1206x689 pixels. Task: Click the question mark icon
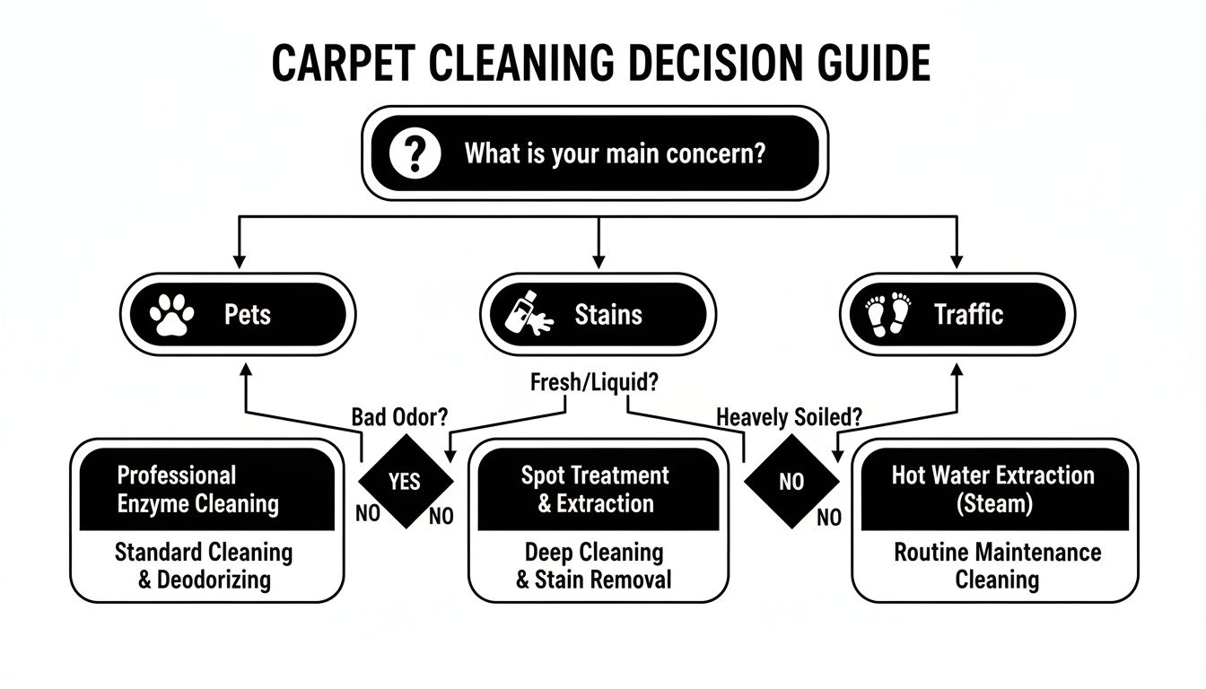tap(415, 153)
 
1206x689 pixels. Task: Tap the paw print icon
tap(170, 315)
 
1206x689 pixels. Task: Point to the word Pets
tap(247, 315)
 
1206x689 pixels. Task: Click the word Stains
tap(608, 315)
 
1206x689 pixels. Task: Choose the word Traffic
tap(968, 315)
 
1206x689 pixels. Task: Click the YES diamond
tap(406, 482)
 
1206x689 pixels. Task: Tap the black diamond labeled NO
tap(791, 482)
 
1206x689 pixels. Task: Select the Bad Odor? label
tap(400, 417)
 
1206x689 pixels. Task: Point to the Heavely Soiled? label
tap(790, 417)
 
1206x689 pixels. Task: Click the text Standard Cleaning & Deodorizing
tap(204, 565)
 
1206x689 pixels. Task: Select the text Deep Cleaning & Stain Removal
tap(594, 565)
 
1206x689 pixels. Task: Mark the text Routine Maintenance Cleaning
tap(997, 565)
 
